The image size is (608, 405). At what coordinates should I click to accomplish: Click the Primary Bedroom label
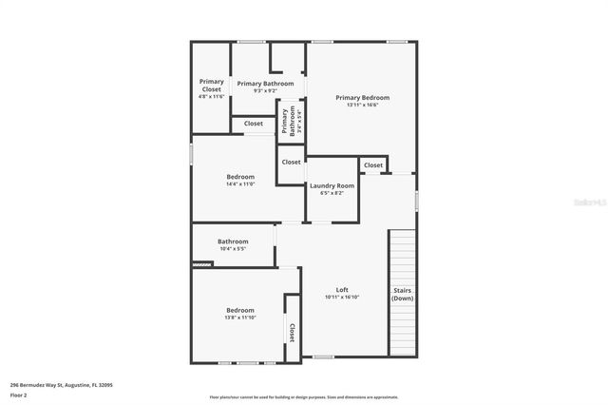[x=362, y=97]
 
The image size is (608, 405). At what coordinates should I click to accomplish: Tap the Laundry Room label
[x=332, y=185]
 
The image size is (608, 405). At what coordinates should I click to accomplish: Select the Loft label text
[x=342, y=290]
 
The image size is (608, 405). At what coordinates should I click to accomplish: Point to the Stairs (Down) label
[x=403, y=294]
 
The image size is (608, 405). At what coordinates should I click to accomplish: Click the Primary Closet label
[x=211, y=86]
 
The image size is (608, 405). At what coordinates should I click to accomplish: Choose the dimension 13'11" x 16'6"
[x=362, y=106]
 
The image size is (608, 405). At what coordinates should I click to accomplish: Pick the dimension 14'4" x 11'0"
[x=240, y=183]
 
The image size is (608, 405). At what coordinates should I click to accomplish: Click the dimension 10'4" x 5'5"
[x=233, y=249]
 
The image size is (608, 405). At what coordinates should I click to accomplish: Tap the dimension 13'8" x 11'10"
[x=240, y=317]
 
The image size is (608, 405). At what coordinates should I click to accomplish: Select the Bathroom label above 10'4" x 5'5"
[x=233, y=241]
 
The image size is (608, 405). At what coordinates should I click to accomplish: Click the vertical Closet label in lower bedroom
[x=292, y=332]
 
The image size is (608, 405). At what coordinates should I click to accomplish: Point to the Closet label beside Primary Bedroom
[x=373, y=165]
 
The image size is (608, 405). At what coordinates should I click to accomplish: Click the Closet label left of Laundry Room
[x=291, y=163]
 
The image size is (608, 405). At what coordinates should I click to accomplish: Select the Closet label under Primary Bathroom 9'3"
[x=254, y=124]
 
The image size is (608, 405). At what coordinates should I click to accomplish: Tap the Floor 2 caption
[x=19, y=395]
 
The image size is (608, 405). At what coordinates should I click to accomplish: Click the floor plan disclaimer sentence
[x=304, y=397]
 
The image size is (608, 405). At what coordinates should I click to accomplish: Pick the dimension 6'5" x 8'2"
[x=332, y=193]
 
